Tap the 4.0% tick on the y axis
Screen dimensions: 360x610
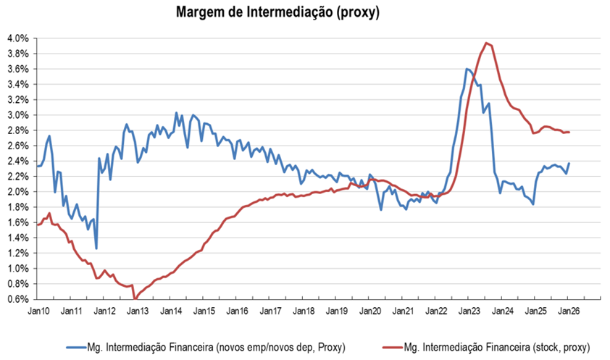pyautogui.click(x=17, y=38)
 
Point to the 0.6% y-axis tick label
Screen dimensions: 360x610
pyautogui.click(x=17, y=299)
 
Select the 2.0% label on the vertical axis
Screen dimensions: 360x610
pyautogui.click(x=17, y=192)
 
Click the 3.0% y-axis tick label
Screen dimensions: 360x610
pyautogui.click(x=17, y=115)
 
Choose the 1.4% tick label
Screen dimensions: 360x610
pyautogui.click(x=17, y=238)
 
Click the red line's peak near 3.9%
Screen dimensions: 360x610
pyautogui.click(x=486, y=43)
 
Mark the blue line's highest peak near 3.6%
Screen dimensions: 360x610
pyautogui.click(x=467, y=69)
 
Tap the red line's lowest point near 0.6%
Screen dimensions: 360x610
pyautogui.click(x=134, y=298)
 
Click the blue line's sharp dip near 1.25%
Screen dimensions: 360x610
pyautogui.click(x=96, y=248)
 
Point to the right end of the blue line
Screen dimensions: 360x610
pyautogui.click(x=569, y=164)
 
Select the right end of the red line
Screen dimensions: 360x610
pyautogui.click(x=569, y=132)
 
